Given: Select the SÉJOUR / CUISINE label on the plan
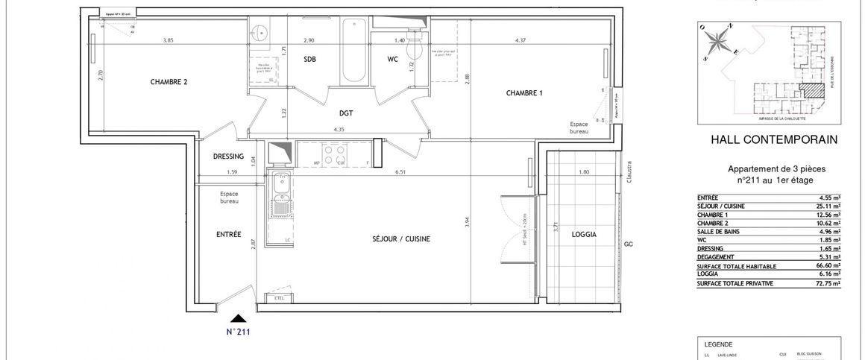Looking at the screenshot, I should (402, 239).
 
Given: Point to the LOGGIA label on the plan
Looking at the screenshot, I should (583, 233).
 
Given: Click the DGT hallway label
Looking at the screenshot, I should (345, 113).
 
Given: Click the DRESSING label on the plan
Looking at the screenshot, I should (228, 157).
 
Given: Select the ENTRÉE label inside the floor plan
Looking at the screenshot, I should (228, 234).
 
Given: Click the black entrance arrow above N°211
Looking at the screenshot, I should (237, 319).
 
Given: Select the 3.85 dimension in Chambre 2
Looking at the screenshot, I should (173, 40).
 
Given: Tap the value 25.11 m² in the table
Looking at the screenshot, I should (826, 206).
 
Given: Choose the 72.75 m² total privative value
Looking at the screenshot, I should (826, 284).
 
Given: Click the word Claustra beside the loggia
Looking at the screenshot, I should (629, 172).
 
